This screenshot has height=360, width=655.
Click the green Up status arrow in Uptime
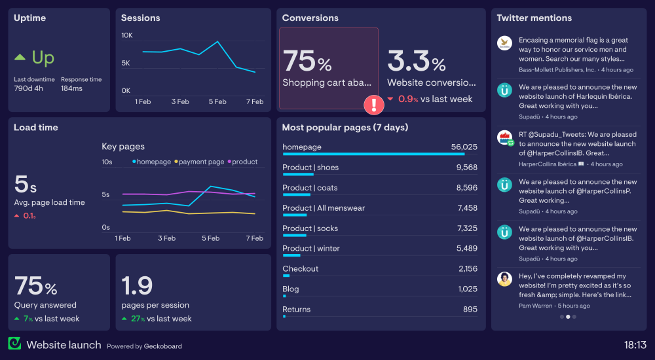20,58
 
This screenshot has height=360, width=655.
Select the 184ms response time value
71,88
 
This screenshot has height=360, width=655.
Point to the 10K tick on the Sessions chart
126,35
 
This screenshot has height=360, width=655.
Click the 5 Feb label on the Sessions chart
217,101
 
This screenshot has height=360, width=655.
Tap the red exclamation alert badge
374,104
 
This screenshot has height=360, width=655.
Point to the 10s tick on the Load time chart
107,162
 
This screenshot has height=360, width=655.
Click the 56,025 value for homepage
464,147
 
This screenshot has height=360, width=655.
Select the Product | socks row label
310,228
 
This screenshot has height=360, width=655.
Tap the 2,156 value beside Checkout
468,269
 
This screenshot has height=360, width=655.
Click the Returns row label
296,310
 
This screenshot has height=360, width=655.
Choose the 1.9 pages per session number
137,285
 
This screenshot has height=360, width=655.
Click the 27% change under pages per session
137,319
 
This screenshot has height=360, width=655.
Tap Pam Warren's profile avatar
504,279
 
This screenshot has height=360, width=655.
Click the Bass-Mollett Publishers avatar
504,43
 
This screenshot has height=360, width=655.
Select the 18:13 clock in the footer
635,345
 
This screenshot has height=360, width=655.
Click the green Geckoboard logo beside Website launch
14,344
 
